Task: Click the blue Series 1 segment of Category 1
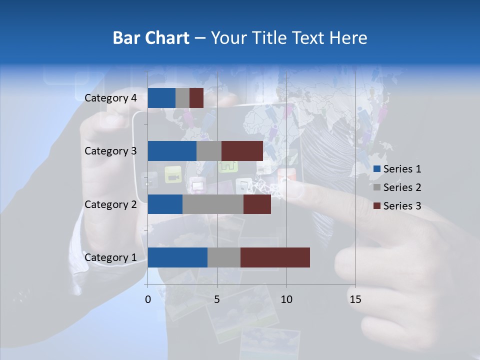[x=177, y=257]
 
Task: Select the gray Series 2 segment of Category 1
[x=223, y=257]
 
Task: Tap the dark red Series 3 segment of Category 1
[x=275, y=257]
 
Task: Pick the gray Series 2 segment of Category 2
[x=212, y=204]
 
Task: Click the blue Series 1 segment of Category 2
[x=165, y=204]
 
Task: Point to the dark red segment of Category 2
[x=257, y=204]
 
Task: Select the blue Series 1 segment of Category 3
[x=172, y=151]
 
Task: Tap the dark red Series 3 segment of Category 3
[x=242, y=151]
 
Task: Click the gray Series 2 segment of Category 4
[x=182, y=98]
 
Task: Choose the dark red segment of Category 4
[x=196, y=98]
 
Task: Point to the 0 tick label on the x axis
[x=148, y=299]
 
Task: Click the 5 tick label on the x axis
[x=217, y=299]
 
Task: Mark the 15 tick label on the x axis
[x=355, y=299]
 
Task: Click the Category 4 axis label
[x=110, y=98]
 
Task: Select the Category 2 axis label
[x=110, y=204]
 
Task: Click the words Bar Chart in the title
[x=151, y=38]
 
